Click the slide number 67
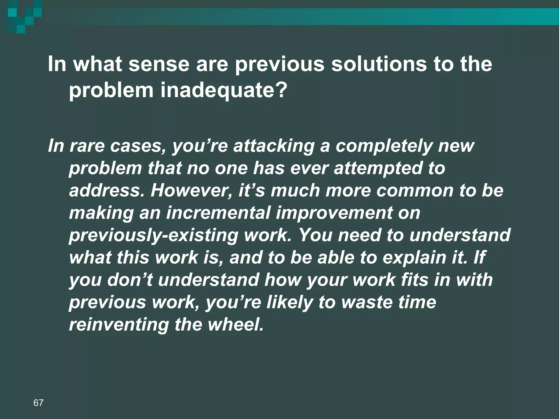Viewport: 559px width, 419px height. (38, 403)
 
